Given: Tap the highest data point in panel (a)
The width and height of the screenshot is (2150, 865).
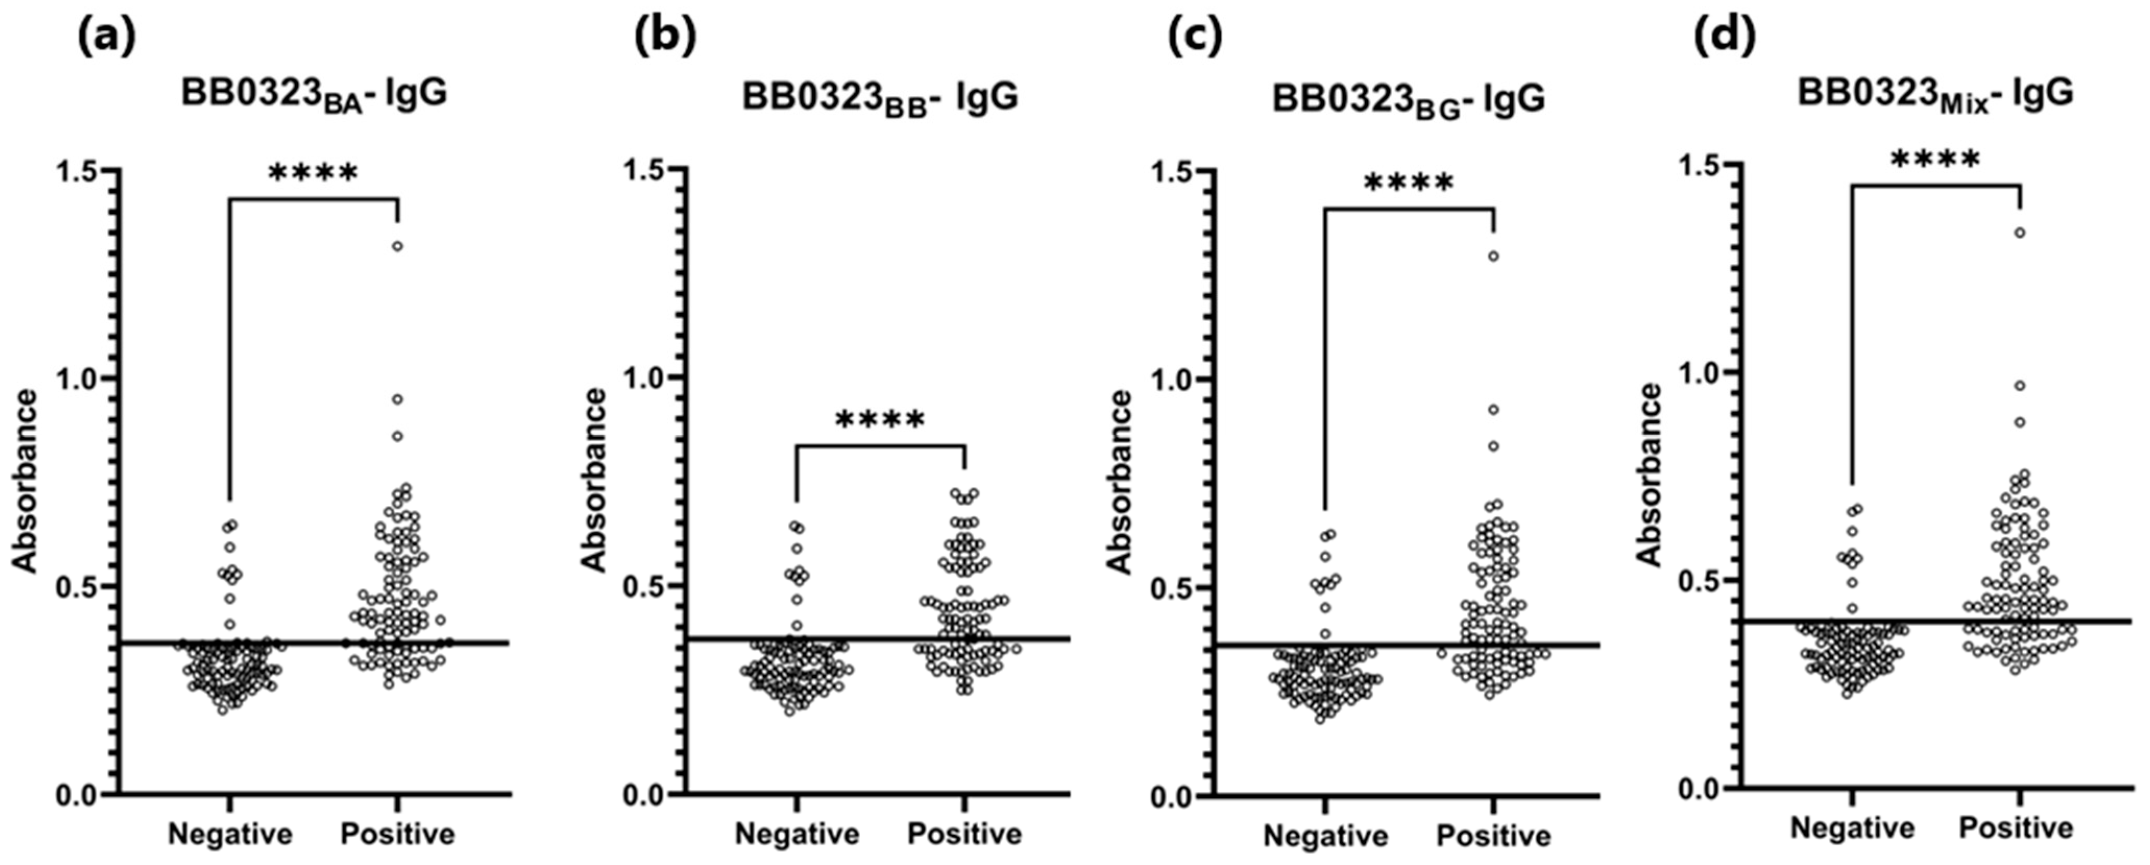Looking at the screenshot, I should coord(398,246).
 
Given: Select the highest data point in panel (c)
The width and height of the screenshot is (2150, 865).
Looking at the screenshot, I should coord(1493,257).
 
